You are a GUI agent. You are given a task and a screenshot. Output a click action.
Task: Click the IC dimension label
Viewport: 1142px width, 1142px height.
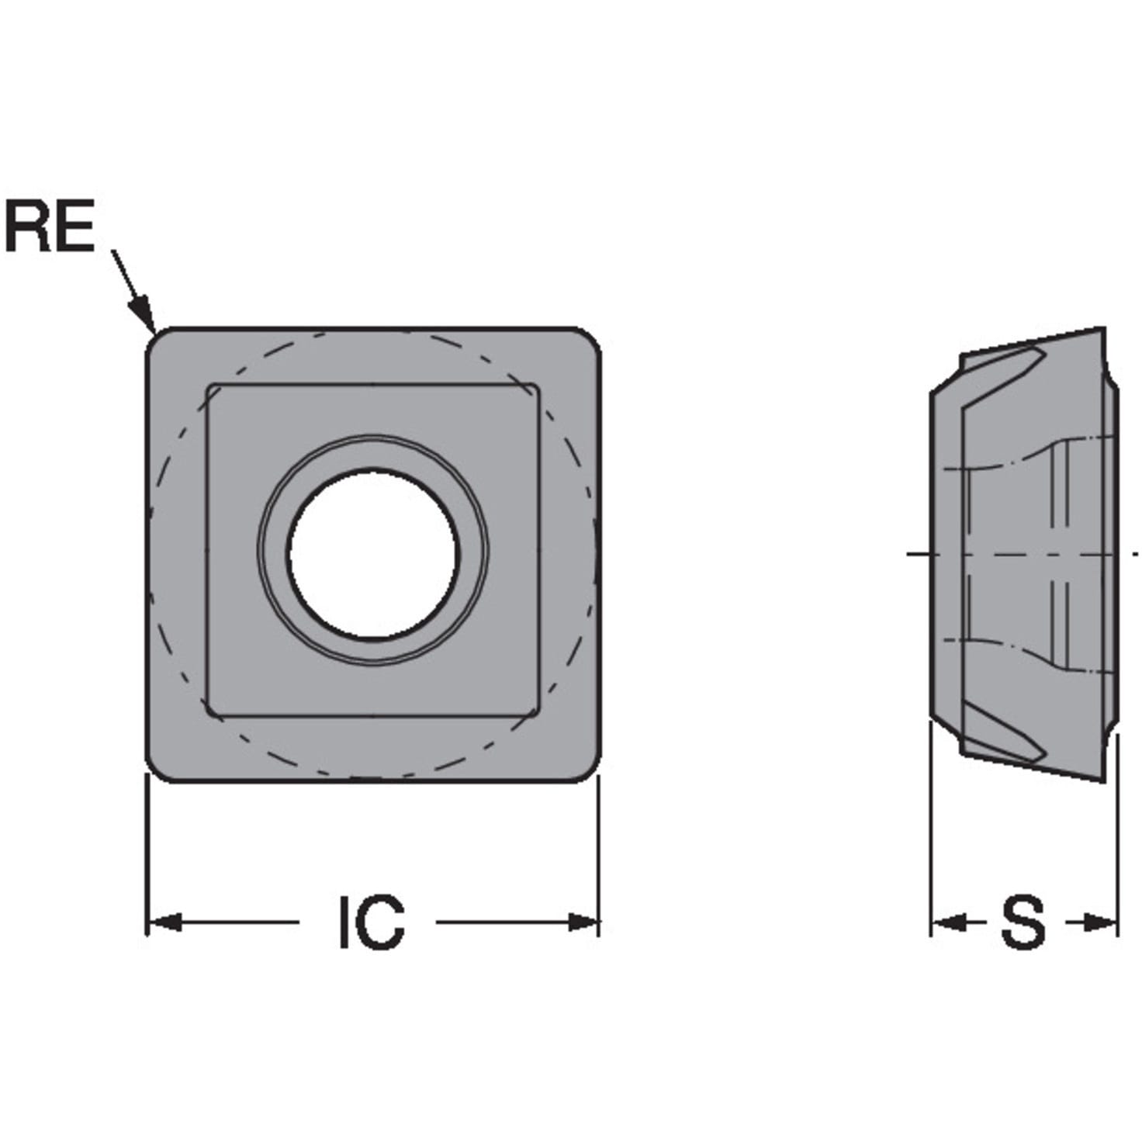(372, 922)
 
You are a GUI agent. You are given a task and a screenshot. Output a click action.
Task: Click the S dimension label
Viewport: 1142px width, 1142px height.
(1022, 922)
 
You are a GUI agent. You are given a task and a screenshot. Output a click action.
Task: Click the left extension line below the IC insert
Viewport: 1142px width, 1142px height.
(147, 853)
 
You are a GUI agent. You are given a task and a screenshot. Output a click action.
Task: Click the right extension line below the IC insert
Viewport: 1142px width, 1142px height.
(599, 853)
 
